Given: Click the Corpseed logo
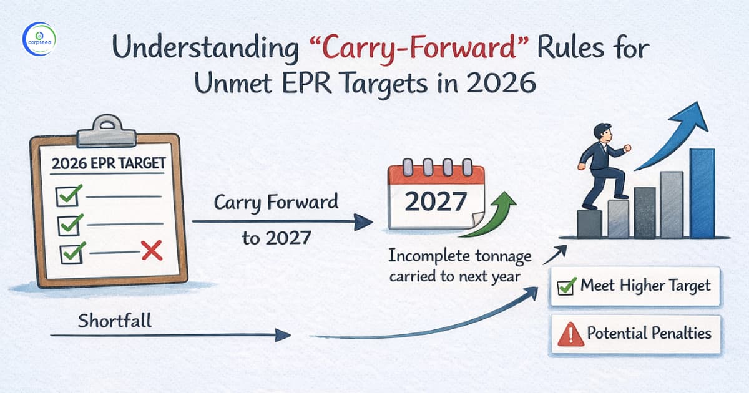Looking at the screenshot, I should click(38, 38).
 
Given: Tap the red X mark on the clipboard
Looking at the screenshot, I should click(152, 251).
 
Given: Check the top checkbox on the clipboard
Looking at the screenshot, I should click(67, 196).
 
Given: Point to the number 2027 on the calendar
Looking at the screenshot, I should click(436, 201).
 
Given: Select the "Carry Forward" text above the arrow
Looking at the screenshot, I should click(276, 202).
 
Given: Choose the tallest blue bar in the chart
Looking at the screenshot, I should click(702, 193).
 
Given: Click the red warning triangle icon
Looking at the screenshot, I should click(567, 335).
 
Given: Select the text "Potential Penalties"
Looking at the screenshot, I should click(649, 333).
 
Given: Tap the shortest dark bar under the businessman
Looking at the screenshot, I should click(589, 223).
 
